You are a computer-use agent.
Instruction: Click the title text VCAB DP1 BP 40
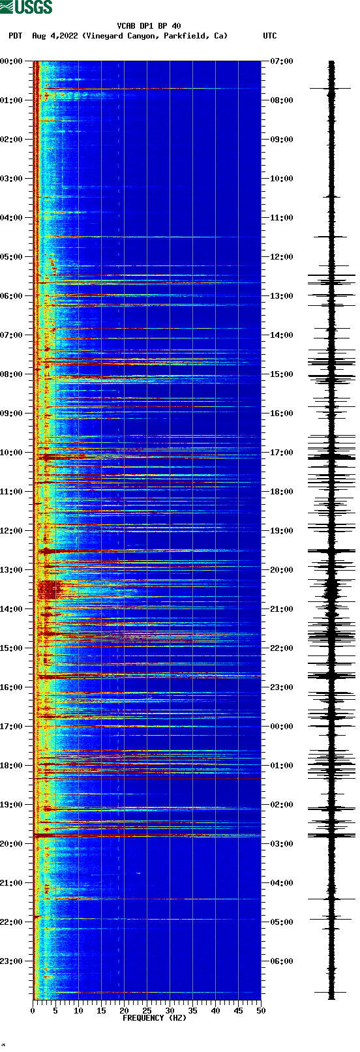click(149, 26)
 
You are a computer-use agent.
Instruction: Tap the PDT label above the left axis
click(16, 36)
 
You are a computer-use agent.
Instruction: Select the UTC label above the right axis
click(269, 36)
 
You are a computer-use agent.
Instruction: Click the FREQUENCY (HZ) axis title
click(155, 1017)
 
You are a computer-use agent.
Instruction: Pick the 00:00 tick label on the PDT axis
click(12, 61)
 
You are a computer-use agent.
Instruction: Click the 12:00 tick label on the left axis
click(12, 531)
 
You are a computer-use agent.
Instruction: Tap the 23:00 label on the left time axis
click(12, 961)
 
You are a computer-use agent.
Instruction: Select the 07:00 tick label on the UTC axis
click(282, 61)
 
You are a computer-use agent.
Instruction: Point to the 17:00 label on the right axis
click(282, 453)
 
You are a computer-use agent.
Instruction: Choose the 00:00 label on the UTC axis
click(282, 727)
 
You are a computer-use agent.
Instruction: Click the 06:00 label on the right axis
click(282, 961)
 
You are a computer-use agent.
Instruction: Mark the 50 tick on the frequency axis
click(261, 1010)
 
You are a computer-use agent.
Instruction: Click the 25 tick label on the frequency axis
click(147, 1010)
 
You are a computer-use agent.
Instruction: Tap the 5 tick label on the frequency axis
click(55, 1010)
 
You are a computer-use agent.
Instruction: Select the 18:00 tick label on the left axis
click(12, 766)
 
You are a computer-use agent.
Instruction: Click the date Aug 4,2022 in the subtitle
click(55, 36)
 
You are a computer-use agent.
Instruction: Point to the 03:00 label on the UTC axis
click(282, 844)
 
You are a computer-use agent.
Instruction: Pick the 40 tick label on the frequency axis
click(215, 1010)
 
